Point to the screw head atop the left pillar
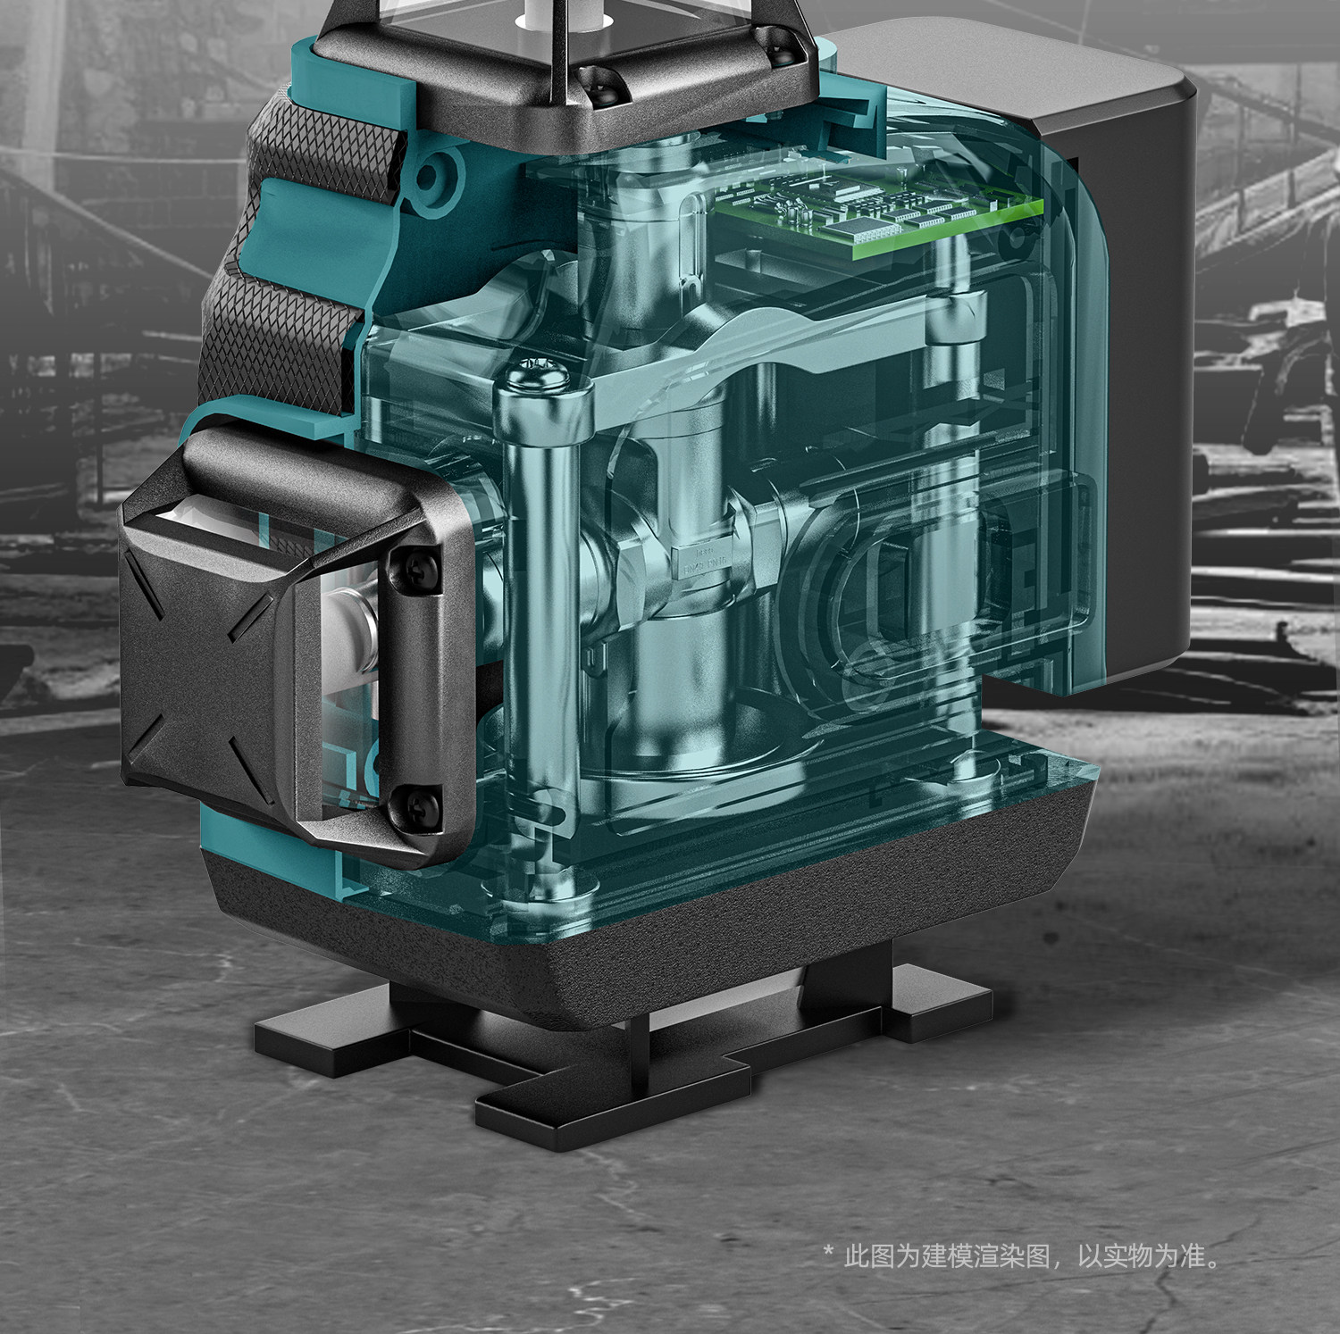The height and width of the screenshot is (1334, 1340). [x=540, y=374]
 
